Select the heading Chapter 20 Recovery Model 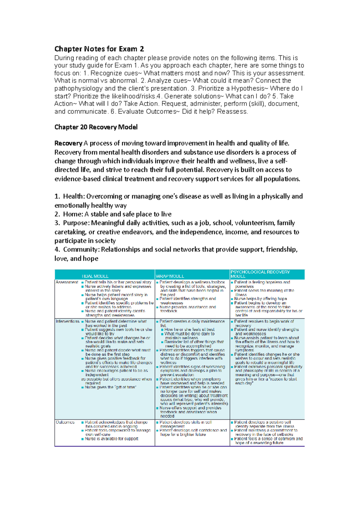point(96,127)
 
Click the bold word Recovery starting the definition point(68,143)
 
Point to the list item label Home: point(73,214)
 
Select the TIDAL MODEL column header point(95,276)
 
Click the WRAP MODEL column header point(170,276)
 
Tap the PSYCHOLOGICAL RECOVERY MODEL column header point(260,274)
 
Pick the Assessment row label point(67,282)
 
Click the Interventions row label point(67,321)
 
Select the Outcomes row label point(65,422)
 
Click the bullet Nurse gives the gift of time point(110,387)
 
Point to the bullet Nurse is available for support point(111,439)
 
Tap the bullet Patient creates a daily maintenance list point(192,321)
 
